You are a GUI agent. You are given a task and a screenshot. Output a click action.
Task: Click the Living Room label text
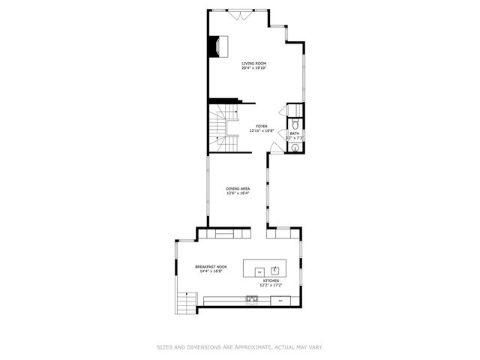(x=254, y=64)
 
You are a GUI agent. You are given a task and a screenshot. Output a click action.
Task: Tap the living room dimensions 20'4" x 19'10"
(x=254, y=68)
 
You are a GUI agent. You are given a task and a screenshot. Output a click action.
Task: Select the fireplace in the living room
(x=216, y=46)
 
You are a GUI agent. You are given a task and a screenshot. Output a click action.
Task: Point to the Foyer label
(x=261, y=126)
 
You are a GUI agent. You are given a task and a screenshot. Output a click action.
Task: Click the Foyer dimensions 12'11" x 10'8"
(x=261, y=130)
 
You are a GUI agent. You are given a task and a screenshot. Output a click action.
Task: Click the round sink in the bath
(x=295, y=148)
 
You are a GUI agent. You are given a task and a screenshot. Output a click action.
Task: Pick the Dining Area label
(x=238, y=188)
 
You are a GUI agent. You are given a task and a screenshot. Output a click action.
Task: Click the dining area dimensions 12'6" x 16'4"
(x=238, y=193)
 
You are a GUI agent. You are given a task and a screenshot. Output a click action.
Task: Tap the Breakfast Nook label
(x=211, y=267)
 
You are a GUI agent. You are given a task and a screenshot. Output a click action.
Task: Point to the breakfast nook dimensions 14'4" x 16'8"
(x=211, y=271)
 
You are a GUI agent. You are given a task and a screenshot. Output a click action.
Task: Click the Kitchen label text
(x=271, y=280)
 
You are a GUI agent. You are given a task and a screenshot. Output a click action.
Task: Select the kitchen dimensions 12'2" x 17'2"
(x=271, y=285)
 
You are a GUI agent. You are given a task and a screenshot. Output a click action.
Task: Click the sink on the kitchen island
(x=275, y=269)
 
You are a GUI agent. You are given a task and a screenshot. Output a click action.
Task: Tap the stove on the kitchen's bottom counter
(x=251, y=300)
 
